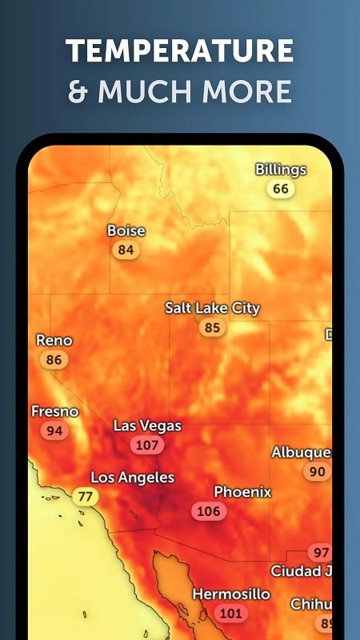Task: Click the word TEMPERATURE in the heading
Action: [179, 52]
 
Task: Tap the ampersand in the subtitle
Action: [78, 92]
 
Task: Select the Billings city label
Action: [281, 170]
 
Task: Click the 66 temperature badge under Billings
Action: [281, 189]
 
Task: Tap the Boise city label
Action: [126, 230]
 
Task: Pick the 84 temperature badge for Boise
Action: [126, 250]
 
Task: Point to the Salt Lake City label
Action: [212, 308]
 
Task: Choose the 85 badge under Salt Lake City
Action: [212, 327]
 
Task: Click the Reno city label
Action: [54, 340]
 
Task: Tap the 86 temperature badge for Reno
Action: [54, 360]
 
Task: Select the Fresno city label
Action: [55, 411]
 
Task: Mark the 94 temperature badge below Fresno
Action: [54, 430]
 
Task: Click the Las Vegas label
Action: [147, 426]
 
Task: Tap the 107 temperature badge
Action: [147, 445]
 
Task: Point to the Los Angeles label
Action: [132, 478]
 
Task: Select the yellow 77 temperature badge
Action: [86, 497]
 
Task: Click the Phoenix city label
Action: [242, 492]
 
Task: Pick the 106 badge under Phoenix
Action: [208, 511]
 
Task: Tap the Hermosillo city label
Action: [231, 594]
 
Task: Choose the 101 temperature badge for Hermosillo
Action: [230, 614]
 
